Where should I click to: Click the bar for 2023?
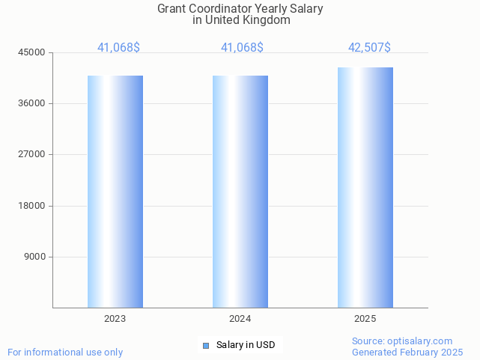tap(115, 192)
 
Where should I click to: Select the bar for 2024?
tap(240, 192)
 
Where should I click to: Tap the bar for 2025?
tap(365, 187)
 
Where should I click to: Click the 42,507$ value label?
tap(369, 48)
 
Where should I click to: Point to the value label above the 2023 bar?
tap(118, 48)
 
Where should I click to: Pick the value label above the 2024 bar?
tap(242, 48)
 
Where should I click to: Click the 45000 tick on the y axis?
tap(32, 52)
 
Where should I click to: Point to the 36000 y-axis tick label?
tap(32, 103)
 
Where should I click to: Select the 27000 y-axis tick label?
tap(32, 154)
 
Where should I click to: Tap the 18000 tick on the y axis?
tap(32, 206)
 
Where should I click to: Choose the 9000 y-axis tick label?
tap(34, 257)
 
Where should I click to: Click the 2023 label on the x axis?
tap(115, 319)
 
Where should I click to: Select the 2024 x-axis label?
tap(240, 319)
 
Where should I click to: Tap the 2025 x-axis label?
tap(365, 319)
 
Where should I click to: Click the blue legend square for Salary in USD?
tap(206, 345)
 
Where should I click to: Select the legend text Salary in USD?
tap(246, 345)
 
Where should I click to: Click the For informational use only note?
tap(65, 352)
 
